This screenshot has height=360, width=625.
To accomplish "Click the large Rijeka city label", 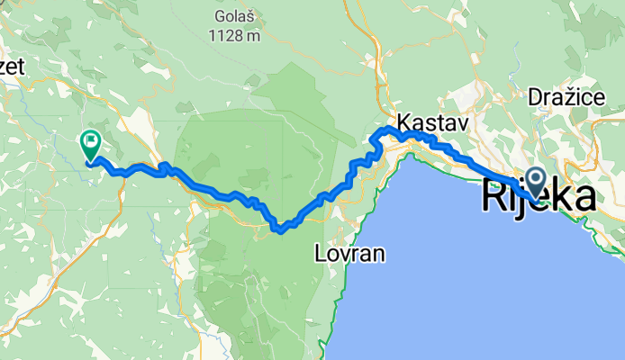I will coord(539,196).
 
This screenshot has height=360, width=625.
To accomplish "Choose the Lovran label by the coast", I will coord(350,255).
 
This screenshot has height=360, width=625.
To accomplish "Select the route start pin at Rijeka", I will coord(535,182).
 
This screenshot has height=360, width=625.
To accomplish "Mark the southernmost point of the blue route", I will coord(281,230).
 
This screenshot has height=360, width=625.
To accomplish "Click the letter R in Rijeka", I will coord(494,196).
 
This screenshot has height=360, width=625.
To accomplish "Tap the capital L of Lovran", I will coord(322,255).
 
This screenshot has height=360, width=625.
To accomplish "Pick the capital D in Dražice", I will coord(535,96).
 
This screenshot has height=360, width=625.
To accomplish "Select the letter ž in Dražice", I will coord(564,96).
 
